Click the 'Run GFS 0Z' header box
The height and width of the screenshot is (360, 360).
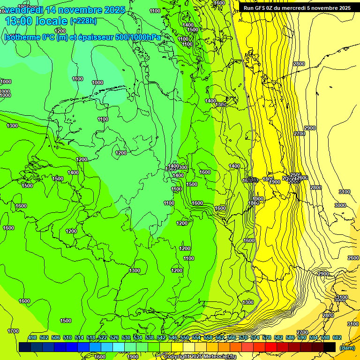297,8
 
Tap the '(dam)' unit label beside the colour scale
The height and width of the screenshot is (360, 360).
347,348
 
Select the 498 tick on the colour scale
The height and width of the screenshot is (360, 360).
32,338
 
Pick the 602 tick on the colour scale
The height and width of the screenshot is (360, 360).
337,338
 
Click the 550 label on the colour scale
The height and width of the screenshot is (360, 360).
185,338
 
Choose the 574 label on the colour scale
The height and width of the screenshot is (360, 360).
255,338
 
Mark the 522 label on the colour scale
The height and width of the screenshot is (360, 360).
103,338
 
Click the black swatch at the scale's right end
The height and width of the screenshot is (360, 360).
330,347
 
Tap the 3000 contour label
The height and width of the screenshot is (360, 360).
340,205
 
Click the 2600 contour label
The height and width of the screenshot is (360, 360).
353,258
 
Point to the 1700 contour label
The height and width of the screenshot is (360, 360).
13,331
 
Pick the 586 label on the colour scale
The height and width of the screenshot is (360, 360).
290,338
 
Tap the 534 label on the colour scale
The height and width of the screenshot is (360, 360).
138,338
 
